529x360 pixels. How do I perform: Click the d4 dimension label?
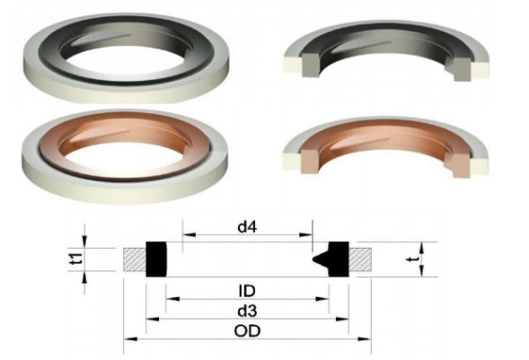(247, 228)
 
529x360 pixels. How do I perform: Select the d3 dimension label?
(249, 311)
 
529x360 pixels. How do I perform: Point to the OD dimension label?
(249, 330)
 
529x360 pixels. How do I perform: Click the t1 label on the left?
(77, 259)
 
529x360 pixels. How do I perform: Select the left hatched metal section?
(135, 259)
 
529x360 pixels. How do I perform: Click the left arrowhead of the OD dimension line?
(127, 338)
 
